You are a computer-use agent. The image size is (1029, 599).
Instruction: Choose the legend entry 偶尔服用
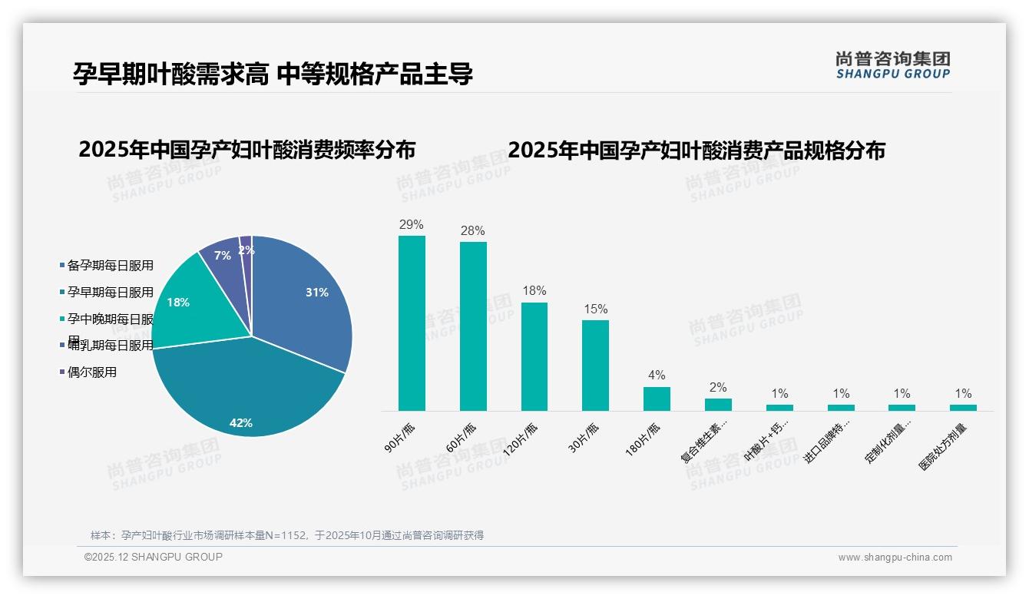point(91,372)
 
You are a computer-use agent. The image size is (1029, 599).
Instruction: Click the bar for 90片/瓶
point(412,323)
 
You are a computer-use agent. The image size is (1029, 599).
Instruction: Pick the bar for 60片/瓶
point(473,326)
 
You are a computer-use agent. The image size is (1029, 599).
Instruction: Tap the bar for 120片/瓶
point(534,356)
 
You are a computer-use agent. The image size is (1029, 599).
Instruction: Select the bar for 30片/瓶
point(595,366)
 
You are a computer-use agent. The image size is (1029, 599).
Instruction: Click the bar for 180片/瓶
point(657,399)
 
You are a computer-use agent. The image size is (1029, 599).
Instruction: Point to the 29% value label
point(412,225)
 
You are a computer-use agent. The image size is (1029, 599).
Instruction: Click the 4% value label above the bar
point(657,376)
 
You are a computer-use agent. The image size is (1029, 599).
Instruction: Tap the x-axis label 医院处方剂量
point(944,446)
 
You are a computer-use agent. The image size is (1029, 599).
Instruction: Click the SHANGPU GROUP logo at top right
point(892,65)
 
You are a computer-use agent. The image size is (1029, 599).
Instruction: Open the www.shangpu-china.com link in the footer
point(895,558)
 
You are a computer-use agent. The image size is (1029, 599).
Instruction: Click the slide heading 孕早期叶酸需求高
point(170,74)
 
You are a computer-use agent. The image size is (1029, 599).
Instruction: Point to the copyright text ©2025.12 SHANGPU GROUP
point(154,557)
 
